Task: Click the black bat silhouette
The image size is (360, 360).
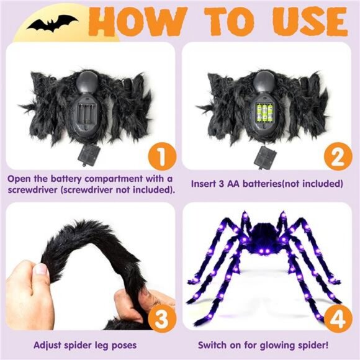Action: coord(52,24)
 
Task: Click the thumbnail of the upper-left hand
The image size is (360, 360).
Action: coord(42,269)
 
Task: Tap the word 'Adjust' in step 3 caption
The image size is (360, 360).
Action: coord(48,344)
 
